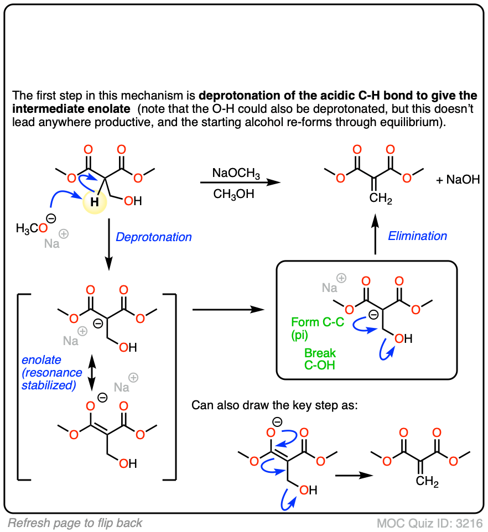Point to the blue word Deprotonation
(x=154, y=237)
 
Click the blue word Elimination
(x=417, y=236)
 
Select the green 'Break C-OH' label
(x=320, y=358)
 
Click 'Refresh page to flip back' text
(x=75, y=523)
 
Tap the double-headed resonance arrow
(x=92, y=374)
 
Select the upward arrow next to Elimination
(x=376, y=234)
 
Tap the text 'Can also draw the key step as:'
(x=274, y=405)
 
